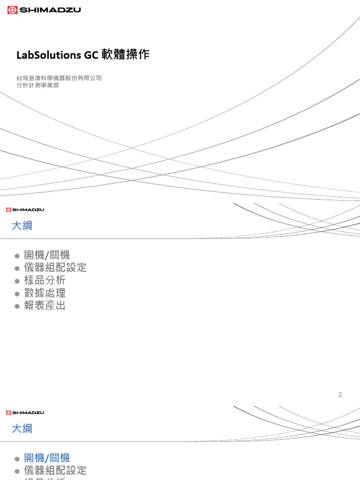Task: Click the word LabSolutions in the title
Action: pyautogui.click(x=49, y=55)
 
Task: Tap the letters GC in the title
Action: pyautogui.click(x=91, y=55)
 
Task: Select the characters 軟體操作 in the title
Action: pyautogui.click(x=125, y=55)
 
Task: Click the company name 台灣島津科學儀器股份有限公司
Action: pyautogui.click(x=59, y=78)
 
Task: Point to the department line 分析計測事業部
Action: pyautogui.click(x=37, y=86)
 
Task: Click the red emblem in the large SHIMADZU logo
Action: pyautogui.click(x=13, y=10)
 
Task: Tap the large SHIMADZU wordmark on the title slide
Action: pyautogui.click(x=50, y=10)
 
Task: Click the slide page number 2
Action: pyautogui.click(x=340, y=395)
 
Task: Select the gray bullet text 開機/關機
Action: pyautogui.click(x=47, y=255)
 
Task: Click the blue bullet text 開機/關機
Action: pyautogui.click(x=47, y=458)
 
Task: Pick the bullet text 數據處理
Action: pyautogui.click(x=45, y=293)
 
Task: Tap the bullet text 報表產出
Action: pyautogui.click(x=45, y=306)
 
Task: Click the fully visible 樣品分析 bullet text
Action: pyautogui.click(x=45, y=280)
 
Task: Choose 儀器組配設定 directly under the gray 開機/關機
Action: pyautogui.click(x=55, y=268)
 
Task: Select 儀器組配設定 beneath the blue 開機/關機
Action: pyautogui.click(x=55, y=471)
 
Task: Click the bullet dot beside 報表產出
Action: pyautogui.click(x=17, y=306)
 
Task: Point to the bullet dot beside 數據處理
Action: pyautogui.click(x=17, y=293)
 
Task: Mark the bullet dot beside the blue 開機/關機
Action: pyautogui.click(x=17, y=458)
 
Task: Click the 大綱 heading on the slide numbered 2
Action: pyautogui.click(x=22, y=226)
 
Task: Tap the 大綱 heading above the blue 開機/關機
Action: pyautogui.click(x=22, y=428)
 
